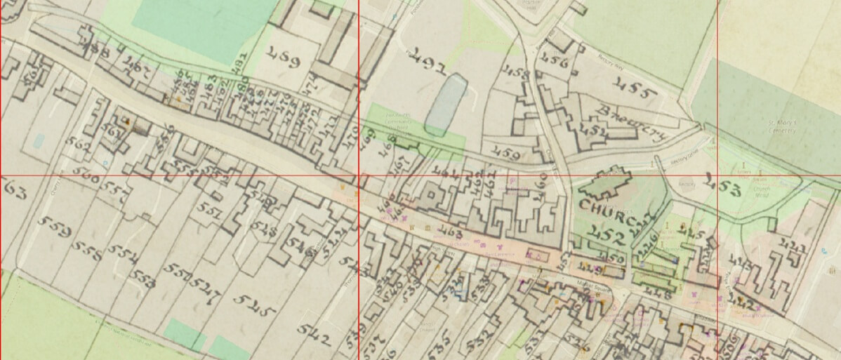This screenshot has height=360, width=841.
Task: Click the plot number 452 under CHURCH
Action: pos(609,236)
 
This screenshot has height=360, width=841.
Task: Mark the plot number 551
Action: pos(211,213)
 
